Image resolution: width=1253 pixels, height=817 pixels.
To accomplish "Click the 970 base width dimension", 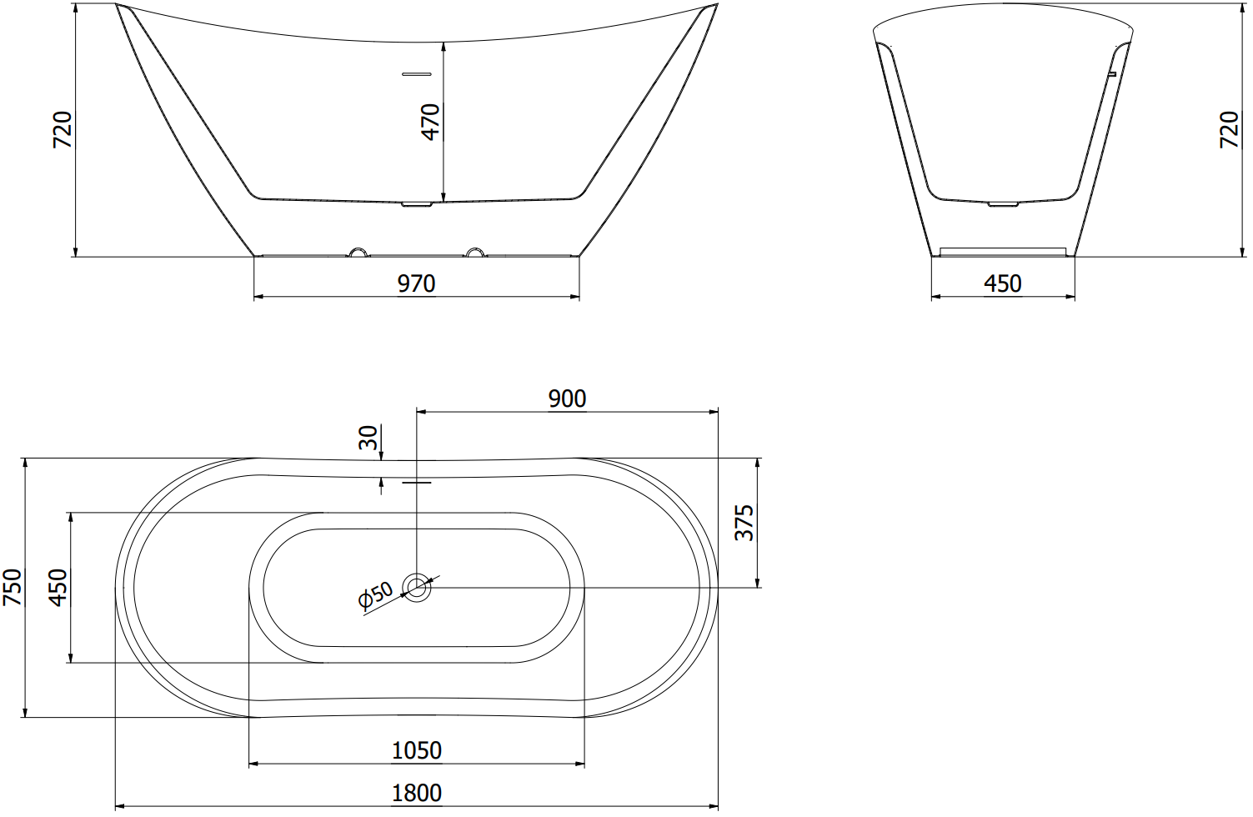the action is tap(416, 283).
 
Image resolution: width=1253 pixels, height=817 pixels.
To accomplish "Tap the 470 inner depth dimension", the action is tap(431, 122).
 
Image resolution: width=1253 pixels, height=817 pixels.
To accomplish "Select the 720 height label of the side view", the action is tap(62, 130).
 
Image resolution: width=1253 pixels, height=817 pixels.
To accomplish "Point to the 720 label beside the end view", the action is tap(1230, 130).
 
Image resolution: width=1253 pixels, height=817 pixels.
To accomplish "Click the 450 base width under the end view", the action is tap(1003, 283).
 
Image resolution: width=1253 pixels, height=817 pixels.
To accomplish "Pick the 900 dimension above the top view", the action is tap(567, 398).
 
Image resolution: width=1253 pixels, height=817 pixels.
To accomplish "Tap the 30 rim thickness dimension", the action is tap(368, 438).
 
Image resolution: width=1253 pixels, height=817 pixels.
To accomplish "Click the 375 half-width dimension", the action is tap(744, 523).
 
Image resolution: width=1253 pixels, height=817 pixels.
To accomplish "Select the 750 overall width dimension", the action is tap(12, 587).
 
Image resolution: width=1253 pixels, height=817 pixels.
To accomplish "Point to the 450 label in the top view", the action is tap(58, 587).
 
